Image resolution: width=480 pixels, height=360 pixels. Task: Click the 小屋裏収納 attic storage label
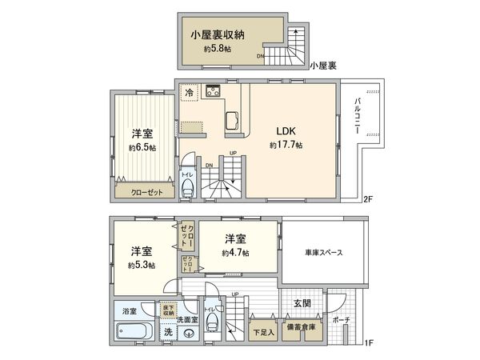217,34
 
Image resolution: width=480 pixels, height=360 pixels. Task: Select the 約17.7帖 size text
286,146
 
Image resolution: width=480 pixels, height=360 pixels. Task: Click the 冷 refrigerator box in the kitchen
190,93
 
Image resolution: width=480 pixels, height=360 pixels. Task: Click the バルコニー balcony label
360,115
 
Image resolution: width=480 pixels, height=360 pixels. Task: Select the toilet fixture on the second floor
187,188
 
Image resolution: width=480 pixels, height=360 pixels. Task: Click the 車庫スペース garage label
324,253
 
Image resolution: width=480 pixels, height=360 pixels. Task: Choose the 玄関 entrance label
302,303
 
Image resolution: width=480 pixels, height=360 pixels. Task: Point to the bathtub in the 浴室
132,331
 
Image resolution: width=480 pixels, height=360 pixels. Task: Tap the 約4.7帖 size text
236,253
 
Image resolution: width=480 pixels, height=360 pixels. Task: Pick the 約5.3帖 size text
142,265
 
